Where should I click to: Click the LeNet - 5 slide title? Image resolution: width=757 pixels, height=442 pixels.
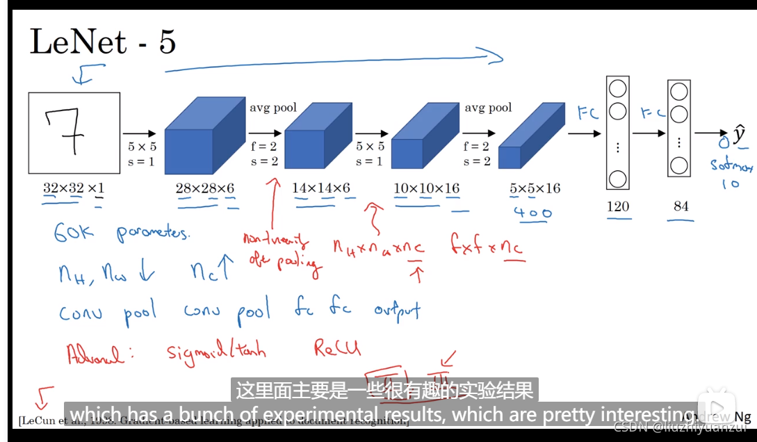click(x=102, y=43)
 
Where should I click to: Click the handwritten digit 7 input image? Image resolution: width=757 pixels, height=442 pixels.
click(x=74, y=134)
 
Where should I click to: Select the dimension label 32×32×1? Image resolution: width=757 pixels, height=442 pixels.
click(x=74, y=188)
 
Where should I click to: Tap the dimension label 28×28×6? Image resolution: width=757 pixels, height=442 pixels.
click(x=205, y=188)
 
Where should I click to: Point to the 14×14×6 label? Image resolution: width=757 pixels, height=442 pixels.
click(x=321, y=188)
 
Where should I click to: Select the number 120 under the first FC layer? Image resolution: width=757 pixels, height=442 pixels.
click(x=617, y=206)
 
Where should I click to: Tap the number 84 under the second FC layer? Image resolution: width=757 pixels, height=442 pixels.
click(x=681, y=206)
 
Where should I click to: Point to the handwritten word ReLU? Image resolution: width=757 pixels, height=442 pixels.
click(x=339, y=347)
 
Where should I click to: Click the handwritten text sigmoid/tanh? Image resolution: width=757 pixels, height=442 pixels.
click(x=216, y=350)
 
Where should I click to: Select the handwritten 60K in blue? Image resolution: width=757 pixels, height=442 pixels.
click(x=74, y=232)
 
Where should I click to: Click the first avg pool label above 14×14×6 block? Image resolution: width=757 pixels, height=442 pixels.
click(x=273, y=108)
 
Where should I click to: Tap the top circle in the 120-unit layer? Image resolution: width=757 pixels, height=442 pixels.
click(x=617, y=89)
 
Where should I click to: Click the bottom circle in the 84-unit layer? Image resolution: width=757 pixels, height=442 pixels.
click(x=679, y=166)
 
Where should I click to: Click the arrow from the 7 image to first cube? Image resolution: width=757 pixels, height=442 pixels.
click(x=141, y=133)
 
